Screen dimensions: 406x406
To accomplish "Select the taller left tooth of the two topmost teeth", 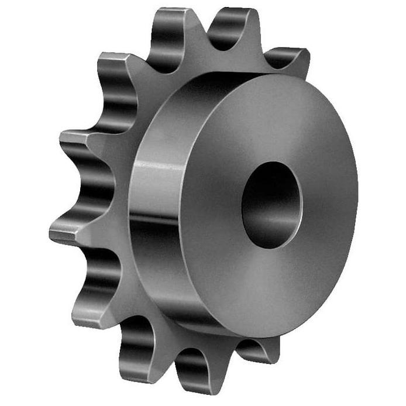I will point(170,23).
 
